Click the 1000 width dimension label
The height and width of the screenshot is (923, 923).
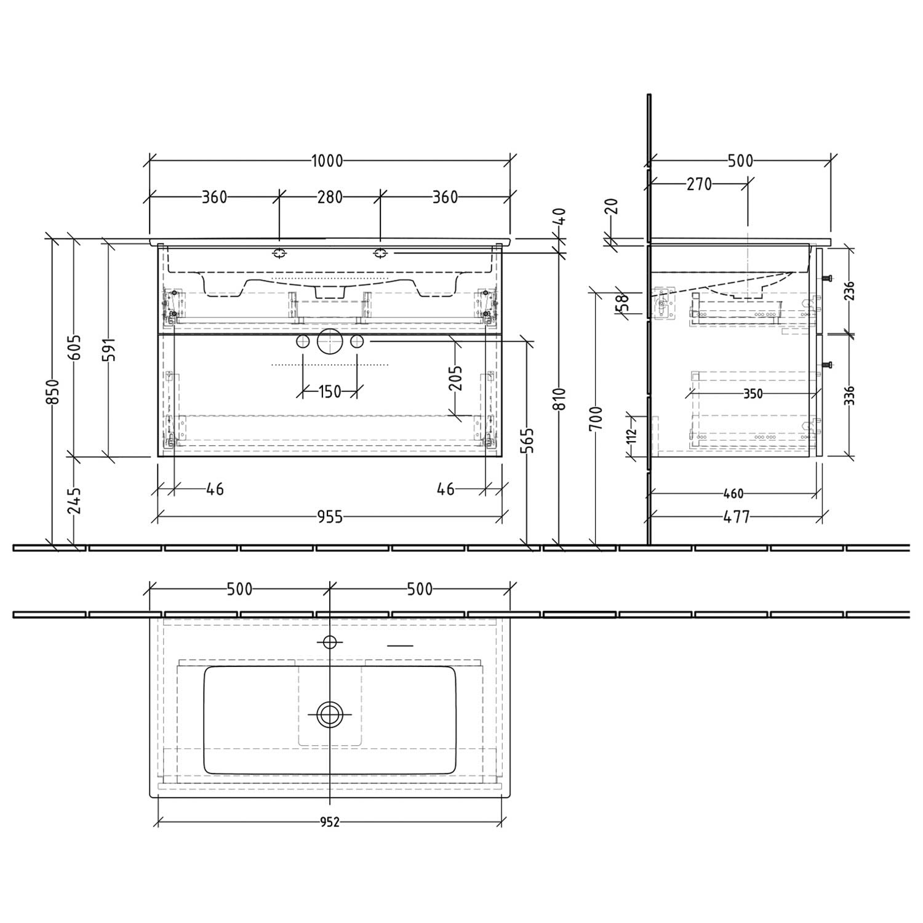[327, 161]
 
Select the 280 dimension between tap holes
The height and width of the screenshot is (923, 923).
[330, 197]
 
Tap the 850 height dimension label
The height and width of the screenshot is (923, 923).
[53, 392]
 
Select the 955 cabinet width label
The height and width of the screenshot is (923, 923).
[330, 517]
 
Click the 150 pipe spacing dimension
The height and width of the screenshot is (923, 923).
[330, 391]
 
